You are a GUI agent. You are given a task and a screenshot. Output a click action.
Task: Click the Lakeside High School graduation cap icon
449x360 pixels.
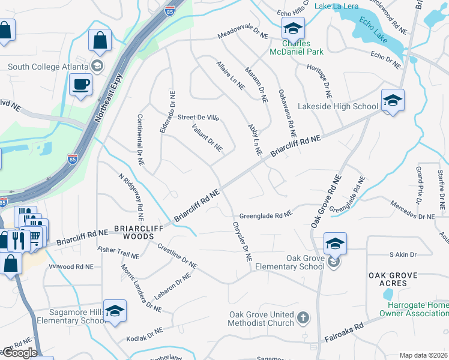[393, 100]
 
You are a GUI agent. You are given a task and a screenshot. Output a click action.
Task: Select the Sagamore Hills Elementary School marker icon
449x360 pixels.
[115, 310]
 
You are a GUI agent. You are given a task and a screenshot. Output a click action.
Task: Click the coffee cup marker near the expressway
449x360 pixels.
[80, 85]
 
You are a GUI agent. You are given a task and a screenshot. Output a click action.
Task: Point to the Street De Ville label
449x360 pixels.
[198, 118]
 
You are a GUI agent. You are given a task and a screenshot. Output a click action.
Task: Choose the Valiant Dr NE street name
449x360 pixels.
[207, 137]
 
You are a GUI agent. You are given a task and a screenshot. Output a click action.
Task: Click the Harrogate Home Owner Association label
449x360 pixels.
[413, 308]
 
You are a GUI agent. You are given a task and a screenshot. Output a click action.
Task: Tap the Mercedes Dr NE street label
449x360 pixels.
[412, 211]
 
